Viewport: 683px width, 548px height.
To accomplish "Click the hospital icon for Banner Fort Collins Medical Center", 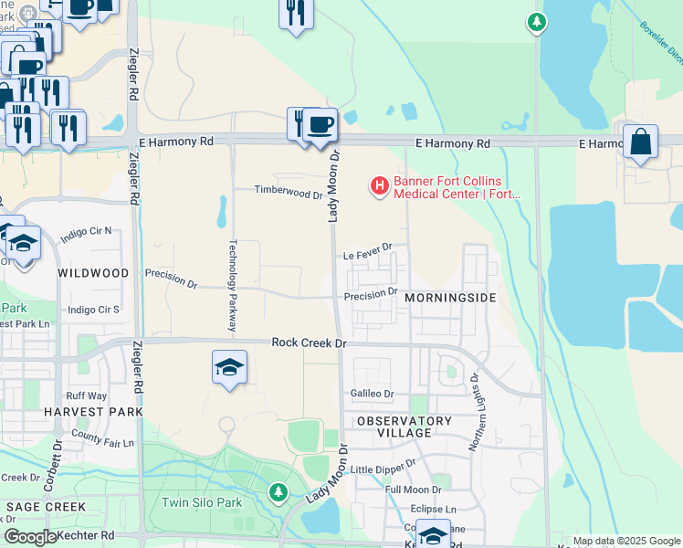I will (x=378, y=186).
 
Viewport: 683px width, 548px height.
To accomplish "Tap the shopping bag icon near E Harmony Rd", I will (x=640, y=142).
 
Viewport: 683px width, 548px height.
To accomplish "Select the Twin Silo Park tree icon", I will (x=278, y=492).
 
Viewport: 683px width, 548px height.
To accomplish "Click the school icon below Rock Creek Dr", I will (x=229, y=367).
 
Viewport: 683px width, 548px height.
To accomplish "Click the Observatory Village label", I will (x=404, y=427).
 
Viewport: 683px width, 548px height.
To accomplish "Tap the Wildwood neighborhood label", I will (x=93, y=273).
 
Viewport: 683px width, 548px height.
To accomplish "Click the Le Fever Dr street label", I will (x=368, y=247).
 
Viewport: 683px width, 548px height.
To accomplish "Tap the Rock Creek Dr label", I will (x=310, y=342).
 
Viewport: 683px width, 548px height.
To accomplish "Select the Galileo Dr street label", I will (x=372, y=394).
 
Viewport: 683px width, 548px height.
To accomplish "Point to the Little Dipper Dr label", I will (x=382, y=469).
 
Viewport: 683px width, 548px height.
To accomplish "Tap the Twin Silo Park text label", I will (x=202, y=502).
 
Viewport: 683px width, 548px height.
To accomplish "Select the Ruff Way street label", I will (x=86, y=395).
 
